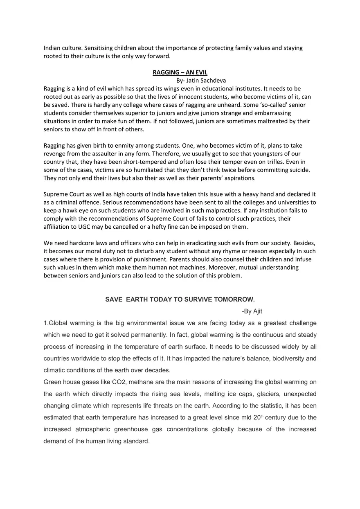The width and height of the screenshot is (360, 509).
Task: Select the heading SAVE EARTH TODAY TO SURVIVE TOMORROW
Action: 180,300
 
